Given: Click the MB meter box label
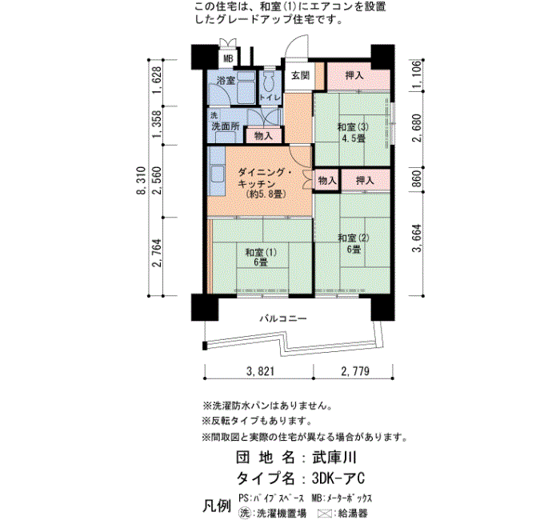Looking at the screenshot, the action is coord(228,58).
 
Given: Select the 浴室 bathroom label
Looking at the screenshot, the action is coord(226,80).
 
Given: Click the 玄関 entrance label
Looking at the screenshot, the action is coord(300,76).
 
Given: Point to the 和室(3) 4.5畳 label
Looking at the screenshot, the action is coord(353,133).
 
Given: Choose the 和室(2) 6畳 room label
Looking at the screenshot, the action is coord(354,243).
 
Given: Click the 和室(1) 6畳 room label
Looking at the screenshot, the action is coord(261,257).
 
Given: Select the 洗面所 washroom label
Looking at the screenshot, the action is coord(226,126).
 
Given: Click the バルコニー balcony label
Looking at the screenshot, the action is coord(283,318).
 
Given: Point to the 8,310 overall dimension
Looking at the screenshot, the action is coord(142,180).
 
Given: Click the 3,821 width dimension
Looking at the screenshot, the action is coord(260,371).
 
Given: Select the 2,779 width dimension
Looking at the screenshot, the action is coord(355,371).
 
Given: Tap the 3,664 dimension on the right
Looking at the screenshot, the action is coord(417,238).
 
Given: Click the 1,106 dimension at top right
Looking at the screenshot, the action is coord(417,75).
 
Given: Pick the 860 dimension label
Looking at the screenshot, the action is coord(417,179).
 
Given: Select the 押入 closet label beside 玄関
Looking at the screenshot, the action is coord(354,75).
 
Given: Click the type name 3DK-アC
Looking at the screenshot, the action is coord(338,478).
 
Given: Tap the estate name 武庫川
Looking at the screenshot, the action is coord(334,458).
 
